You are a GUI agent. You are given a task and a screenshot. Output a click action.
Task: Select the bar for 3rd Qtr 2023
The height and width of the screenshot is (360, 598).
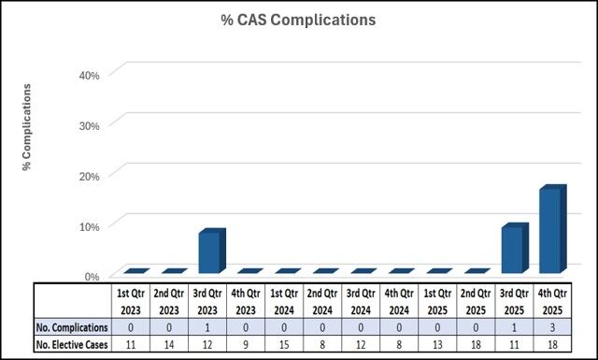(x=209, y=252)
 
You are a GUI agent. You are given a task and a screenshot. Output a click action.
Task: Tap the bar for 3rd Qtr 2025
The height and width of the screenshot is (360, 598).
(x=513, y=250)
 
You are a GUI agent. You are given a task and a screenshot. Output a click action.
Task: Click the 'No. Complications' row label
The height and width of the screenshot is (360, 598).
(x=71, y=327)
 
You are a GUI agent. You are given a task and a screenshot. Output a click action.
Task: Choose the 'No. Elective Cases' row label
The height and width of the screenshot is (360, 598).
(x=71, y=345)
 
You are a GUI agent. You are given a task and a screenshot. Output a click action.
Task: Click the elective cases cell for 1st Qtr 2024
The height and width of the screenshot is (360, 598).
(x=284, y=345)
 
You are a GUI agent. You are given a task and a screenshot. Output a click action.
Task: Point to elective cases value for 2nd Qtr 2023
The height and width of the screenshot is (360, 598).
(x=169, y=345)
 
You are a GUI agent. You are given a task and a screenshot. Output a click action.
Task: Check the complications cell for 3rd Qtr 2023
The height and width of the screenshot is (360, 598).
(x=207, y=327)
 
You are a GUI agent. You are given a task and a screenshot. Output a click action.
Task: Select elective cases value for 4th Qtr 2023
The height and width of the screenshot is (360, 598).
(x=246, y=345)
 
